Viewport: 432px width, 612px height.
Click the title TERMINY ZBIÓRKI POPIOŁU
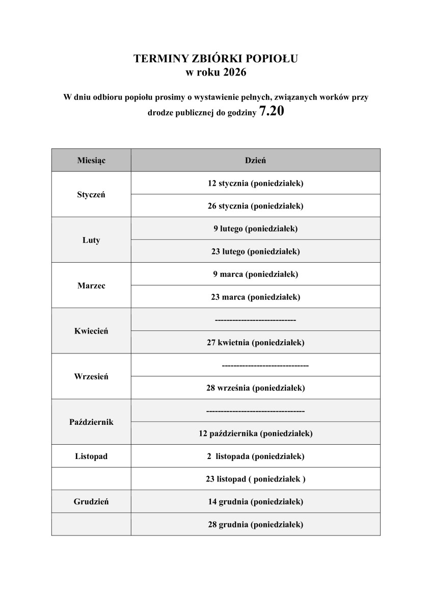(x=215, y=59)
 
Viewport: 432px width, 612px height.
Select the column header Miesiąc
(x=91, y=160)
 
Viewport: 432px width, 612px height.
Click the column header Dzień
(x=255, y=160)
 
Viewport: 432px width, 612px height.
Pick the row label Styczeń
(x=91, y=194)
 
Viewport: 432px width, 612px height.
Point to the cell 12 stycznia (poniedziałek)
(x=255, y=183)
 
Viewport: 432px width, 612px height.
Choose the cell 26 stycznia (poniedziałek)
(x=255, y=206)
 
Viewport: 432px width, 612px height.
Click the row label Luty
(x=91, y=240)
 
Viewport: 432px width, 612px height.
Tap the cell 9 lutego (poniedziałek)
(x=255, y=228)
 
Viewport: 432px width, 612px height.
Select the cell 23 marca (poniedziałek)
(x=255, y=297)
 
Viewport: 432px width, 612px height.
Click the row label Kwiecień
(x=91, y=331)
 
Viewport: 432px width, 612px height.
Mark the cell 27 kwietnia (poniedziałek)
(x=255, y=342)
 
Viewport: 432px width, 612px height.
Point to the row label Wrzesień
(x=91, y=376)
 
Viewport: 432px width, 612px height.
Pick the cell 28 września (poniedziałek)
(x=255, y=388)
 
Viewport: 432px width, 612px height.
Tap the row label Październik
(x=91, y=422)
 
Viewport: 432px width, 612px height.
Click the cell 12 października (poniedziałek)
(x=255, y=433)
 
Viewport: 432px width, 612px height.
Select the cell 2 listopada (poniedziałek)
(x=255, y=456)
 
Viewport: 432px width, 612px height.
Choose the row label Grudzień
(x=91, y=501)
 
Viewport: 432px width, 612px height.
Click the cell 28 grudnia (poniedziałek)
(x=255, y=524)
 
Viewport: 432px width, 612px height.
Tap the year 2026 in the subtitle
(x=234, y=73)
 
